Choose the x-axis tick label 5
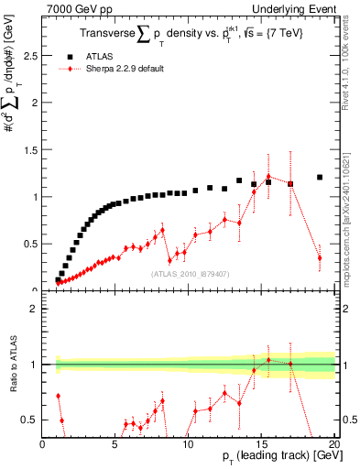tap(115, 443)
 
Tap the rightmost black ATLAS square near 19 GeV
tap(320, 178)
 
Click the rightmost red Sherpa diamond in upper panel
tap(320, 258)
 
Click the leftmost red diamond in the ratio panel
tap(59, 396)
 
